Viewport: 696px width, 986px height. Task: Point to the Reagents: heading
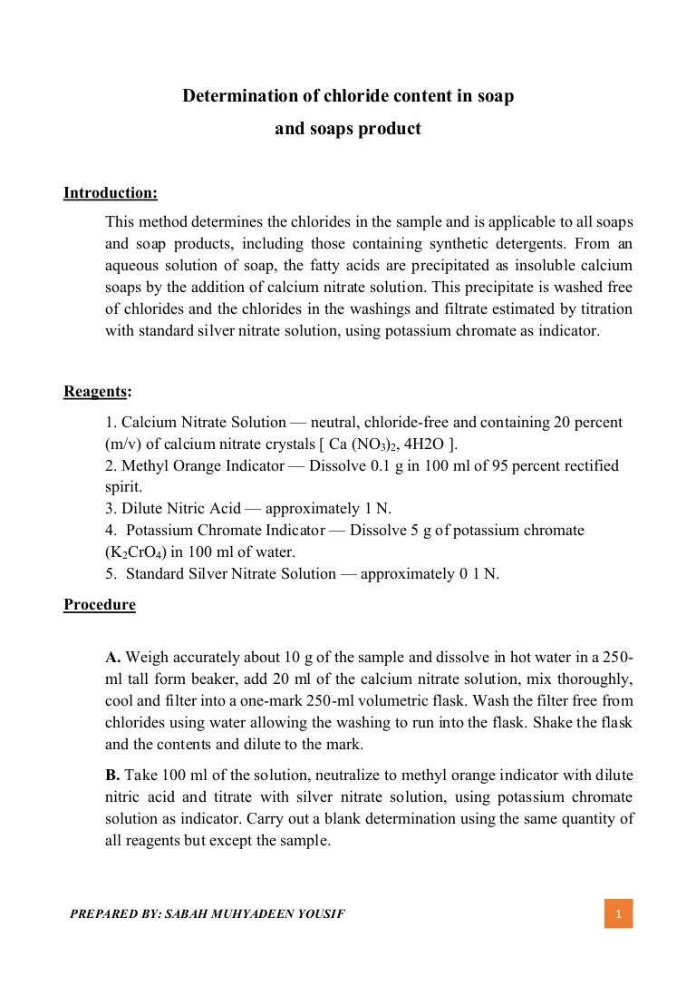(x=97, y=391)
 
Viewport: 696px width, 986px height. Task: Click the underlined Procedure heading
(x=100, y=605)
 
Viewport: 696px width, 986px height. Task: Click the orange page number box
(x=618, y=913)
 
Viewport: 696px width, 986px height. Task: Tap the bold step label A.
(x=113, y=657)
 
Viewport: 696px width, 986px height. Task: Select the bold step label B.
(x=113, y=775)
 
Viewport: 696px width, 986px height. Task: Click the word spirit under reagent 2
(x=123, y=486)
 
